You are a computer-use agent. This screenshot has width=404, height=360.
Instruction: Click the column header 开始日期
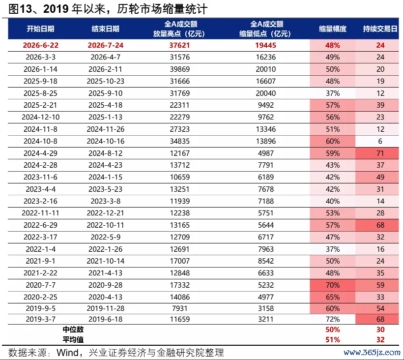(40, 29)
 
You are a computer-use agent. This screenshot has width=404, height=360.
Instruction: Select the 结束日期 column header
(105, 29)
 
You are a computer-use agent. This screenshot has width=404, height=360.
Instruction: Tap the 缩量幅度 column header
(332, 29)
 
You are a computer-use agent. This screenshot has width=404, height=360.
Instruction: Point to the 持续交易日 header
(380, 29)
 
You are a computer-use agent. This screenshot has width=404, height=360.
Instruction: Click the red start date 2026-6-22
(41, 45)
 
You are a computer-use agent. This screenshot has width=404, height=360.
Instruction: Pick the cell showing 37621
(179, 45)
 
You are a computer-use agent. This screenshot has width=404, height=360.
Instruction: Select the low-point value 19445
(265, 45)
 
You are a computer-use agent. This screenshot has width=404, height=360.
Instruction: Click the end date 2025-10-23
(105, 81)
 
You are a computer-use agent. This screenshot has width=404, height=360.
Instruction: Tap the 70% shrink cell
(333, 285)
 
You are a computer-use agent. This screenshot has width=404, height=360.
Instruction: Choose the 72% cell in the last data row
(333, 319)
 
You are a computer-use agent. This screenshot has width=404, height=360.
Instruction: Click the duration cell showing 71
(380, 153)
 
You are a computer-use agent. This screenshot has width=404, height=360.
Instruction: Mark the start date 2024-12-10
(41, 117)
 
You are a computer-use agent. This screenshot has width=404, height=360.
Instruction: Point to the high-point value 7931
(179, 308)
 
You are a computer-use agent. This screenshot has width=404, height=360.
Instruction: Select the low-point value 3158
(265, 308)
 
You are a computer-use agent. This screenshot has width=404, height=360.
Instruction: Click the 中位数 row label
(73, 330)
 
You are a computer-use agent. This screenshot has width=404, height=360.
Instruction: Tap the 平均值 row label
(73, 340)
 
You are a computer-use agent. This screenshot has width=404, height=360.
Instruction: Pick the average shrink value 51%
(333, 340)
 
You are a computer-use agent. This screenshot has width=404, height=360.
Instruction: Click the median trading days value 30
(380, 330)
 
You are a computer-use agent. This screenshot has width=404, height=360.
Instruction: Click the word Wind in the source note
(67, 353)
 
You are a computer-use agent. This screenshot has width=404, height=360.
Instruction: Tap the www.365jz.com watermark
(372, 353)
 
